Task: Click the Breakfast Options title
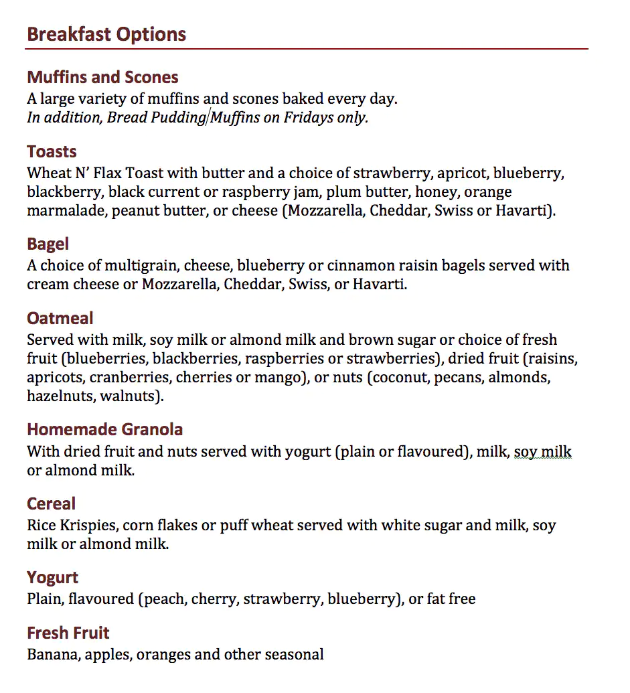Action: pos(106,35)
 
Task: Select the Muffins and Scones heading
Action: pos(102,77)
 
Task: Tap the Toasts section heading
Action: pos(52,151)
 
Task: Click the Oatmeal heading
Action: pos(60,318)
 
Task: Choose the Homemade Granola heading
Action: pos(105,429)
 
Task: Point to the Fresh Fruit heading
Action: pos(68,633)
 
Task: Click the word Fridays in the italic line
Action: pos(309,118)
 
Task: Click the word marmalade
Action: pos(66,212)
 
